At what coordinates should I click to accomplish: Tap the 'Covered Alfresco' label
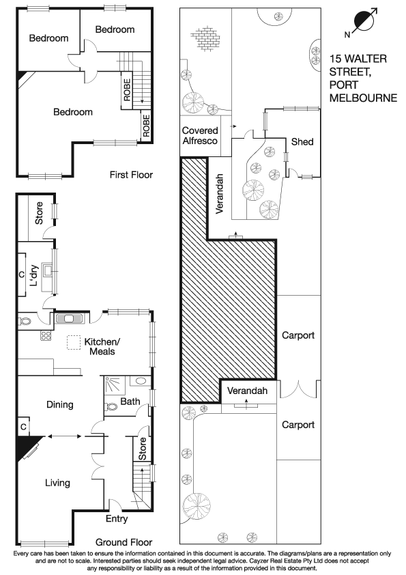[x=200, y=135]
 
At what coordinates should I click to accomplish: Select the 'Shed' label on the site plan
[x=302, y=142]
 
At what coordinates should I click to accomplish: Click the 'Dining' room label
[x=59, y=405]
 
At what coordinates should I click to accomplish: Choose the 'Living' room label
[x=57, y=483]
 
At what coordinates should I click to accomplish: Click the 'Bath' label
[x=130, y=402]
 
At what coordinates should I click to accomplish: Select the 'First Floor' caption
[x=131, y=175]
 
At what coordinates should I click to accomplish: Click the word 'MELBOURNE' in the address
[x=363, y=98]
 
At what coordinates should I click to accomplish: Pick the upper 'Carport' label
[x=298, y=335]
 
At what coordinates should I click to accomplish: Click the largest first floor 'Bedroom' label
[x=72, y=112]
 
